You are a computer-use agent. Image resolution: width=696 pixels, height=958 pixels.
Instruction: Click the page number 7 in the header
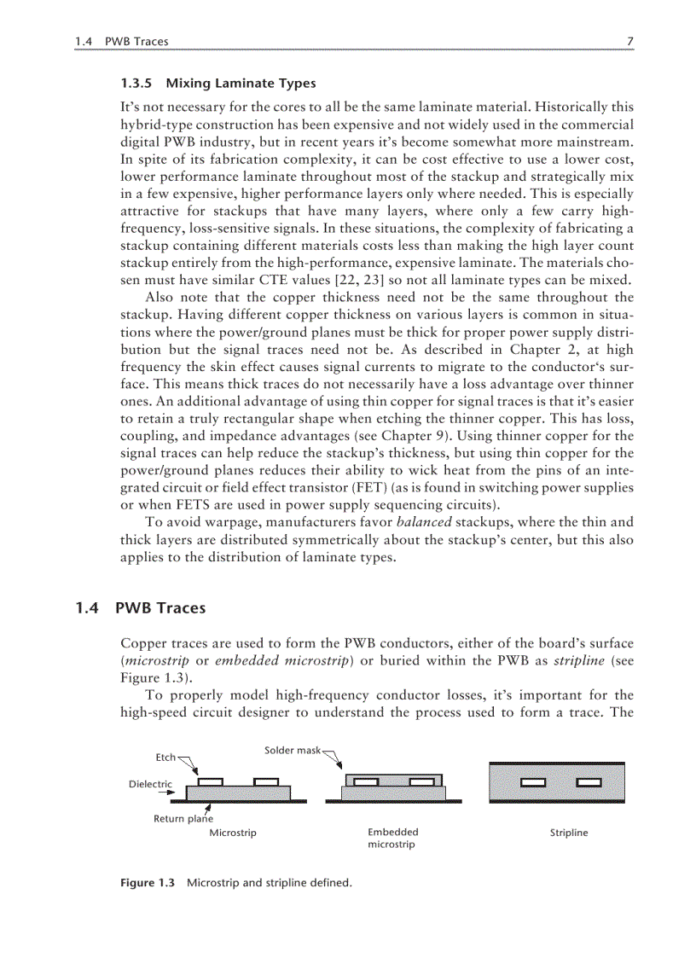(629, 41)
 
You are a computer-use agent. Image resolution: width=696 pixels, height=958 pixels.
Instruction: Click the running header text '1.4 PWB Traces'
(121, 41)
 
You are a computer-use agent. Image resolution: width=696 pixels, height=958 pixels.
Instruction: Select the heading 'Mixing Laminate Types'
(241, 84)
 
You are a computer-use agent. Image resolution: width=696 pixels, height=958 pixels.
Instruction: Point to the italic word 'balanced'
(424, 522)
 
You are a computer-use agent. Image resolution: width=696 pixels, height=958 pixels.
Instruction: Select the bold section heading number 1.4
(87, 608)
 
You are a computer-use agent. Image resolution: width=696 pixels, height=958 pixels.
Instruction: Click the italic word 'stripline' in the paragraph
(577, 660)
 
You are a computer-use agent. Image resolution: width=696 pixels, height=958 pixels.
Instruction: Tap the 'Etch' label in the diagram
(165, 757)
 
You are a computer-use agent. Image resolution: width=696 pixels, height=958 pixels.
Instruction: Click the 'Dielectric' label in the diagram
(150, 784)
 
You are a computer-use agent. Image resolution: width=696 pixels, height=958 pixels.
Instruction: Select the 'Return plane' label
(183, 819)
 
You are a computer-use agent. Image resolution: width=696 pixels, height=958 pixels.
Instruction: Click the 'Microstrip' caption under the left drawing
(233, 833)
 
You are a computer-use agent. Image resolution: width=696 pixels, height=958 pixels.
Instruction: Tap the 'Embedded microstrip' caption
(392, 838)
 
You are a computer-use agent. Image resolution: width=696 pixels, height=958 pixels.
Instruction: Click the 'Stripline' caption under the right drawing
(569, 833)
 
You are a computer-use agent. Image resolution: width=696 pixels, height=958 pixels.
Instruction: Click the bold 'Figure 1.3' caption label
(147, 883)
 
